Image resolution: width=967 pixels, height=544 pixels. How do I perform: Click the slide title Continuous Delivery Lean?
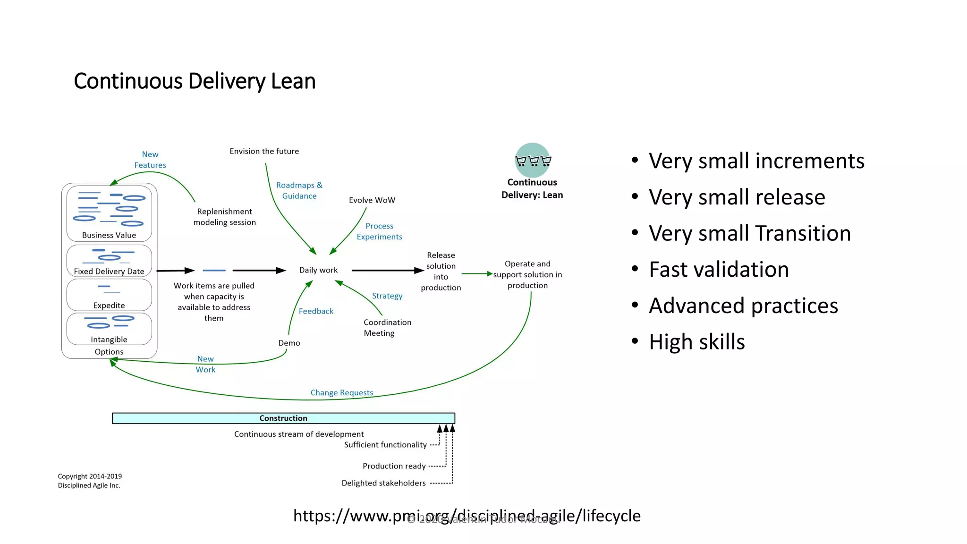point(195,81)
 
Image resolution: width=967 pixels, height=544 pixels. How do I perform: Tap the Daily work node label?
point(318,270)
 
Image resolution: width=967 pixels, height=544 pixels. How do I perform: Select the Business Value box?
point(109,213)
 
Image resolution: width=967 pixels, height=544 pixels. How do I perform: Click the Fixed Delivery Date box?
point(109,261)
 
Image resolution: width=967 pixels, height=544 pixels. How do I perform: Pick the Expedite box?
point(109,295)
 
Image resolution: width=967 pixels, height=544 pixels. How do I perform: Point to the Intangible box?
point(109,329)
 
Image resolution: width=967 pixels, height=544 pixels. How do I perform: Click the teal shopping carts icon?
point(533,161)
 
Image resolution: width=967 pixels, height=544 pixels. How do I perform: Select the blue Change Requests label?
point(341,392)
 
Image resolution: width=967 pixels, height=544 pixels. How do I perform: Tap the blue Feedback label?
point(316,311)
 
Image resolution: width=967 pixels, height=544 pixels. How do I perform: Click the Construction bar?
point(283,418)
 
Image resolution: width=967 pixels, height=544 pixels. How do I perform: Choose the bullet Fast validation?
point(719,270)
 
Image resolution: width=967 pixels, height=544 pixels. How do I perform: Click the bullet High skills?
point(697,342)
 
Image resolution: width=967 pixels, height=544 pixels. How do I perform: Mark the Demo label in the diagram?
point(289,343)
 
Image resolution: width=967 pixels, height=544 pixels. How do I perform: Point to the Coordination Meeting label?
point(387,328)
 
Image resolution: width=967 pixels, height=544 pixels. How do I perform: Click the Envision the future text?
point(264,151)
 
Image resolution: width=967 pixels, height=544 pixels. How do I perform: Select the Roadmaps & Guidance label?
point(299,190)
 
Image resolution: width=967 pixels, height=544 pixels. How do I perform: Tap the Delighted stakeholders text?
point(383,483)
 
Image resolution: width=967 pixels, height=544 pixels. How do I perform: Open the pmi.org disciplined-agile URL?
point(467,516)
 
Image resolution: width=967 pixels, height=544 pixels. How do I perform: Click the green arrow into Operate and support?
point(477,274)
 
